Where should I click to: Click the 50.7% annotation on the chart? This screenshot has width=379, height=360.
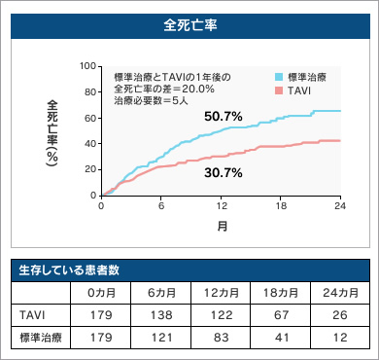tap(223, 116)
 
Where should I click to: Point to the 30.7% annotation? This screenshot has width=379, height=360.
tap(223, 172)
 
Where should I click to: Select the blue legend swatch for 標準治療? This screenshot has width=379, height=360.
tap(278, 76)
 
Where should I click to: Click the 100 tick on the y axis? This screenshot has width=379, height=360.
tap(89, 66)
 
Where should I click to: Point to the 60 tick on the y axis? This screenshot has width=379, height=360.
tap(91, 117)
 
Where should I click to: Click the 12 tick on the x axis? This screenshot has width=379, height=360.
tap(222, 204)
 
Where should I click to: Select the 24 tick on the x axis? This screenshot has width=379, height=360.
tap(340, 204)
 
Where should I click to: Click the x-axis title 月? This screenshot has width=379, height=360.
tap(222, 226)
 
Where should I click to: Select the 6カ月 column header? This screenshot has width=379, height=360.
tap(160, 292)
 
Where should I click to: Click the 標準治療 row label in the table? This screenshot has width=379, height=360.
tap(39, 338)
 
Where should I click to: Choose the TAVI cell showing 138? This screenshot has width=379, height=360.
tap(160, 315)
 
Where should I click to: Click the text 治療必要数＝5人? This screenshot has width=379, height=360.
tap(148, 100)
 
